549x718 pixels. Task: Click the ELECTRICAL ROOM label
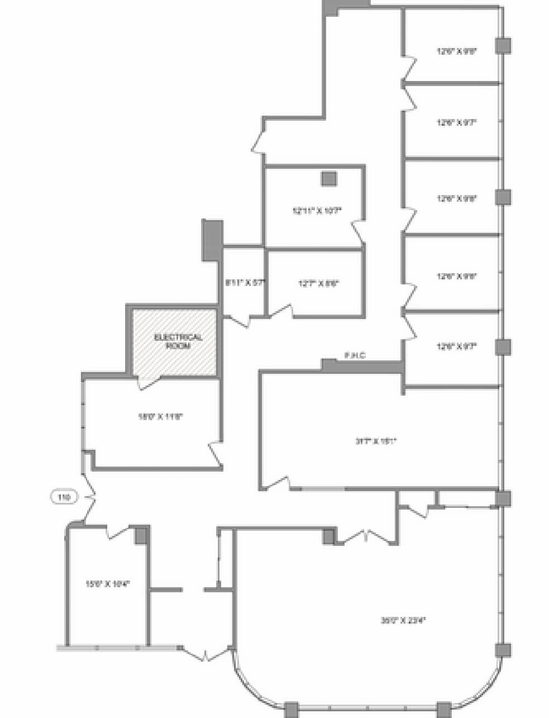[178, 341]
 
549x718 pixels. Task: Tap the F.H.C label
[355, 355]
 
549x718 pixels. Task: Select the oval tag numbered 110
[64, 496]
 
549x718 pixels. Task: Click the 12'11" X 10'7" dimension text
[317, 211]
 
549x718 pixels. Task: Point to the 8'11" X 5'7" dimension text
[244, 283]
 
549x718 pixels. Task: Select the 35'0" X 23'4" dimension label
[399, 620]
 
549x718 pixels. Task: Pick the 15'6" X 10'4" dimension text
[107, 584]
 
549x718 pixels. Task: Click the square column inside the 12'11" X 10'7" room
[328, 178]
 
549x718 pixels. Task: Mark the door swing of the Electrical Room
[148, 383]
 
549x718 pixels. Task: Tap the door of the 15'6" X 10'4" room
[117, 532]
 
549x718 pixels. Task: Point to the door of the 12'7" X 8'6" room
[281, 310]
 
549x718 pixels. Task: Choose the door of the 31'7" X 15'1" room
[278, 483]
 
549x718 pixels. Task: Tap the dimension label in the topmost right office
[456, 51]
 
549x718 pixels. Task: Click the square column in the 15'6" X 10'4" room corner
[141, 535]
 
